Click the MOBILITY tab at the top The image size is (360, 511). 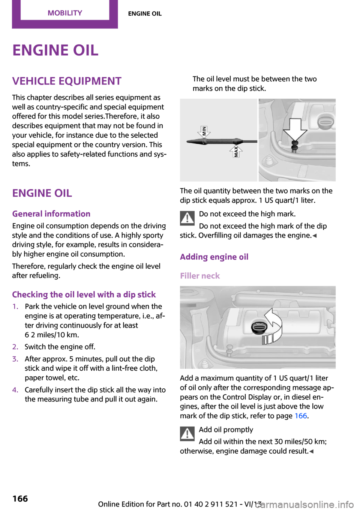tap(65, 13)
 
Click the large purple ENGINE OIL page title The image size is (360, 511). tap(55, 50)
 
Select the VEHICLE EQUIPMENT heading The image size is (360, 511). tap(67, 81)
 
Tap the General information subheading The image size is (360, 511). tap(51, 214)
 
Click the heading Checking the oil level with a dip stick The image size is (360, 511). tap(84, 295)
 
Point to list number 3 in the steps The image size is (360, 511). tap(15, 359)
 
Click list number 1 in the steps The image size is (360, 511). tap(15, 307)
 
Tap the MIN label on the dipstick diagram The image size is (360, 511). tap(204, 131)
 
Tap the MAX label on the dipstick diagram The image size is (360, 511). tap(236, 151)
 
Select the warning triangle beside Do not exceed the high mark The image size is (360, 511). tap(187, 218)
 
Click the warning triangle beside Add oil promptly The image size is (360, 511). tap(187, 433)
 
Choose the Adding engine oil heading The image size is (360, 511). tap(214, 257)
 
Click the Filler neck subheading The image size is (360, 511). tap(200, 276)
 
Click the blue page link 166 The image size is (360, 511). tap(301, 416)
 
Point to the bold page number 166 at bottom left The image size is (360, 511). tap(20, 499)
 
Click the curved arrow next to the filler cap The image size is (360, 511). tap(274, 325)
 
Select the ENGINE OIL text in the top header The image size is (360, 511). tap(145, 14)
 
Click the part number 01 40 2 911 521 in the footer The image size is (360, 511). tap(211, 504)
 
